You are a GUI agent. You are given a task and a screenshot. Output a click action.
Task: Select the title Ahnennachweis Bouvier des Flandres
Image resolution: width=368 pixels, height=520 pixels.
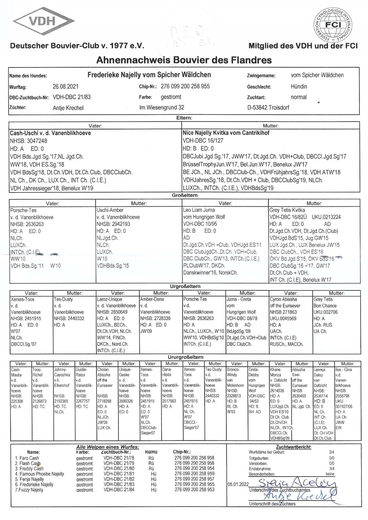click(184, 60)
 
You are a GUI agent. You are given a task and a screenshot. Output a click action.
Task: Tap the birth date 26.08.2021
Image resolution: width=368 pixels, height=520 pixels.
click(66, 87)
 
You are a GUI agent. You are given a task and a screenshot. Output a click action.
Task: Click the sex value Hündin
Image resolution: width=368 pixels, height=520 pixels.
click(299, 86)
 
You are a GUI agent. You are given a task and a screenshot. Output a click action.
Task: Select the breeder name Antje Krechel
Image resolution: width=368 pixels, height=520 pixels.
click(68, 108)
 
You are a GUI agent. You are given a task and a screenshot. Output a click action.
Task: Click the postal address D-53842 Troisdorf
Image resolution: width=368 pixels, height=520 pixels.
click(268, 107)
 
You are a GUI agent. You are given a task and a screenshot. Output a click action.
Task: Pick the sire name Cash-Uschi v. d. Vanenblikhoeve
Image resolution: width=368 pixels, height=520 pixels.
click(50, 133)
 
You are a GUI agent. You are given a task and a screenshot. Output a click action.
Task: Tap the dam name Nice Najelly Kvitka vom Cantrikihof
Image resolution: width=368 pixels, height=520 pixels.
click(226, 133)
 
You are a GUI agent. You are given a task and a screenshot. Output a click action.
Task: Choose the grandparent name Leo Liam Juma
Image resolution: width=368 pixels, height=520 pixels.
click(199, 210)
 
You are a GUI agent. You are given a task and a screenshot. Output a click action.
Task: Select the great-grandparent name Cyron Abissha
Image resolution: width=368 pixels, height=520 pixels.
click(283, 299)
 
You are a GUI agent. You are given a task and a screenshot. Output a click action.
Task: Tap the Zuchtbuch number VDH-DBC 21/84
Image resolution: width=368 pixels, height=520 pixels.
click(119, 490)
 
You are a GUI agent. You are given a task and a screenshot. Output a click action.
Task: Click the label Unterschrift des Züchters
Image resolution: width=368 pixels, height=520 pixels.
click(272, 504)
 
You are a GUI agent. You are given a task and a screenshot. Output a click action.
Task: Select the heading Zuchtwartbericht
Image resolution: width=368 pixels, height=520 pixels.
click(293, 447)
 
